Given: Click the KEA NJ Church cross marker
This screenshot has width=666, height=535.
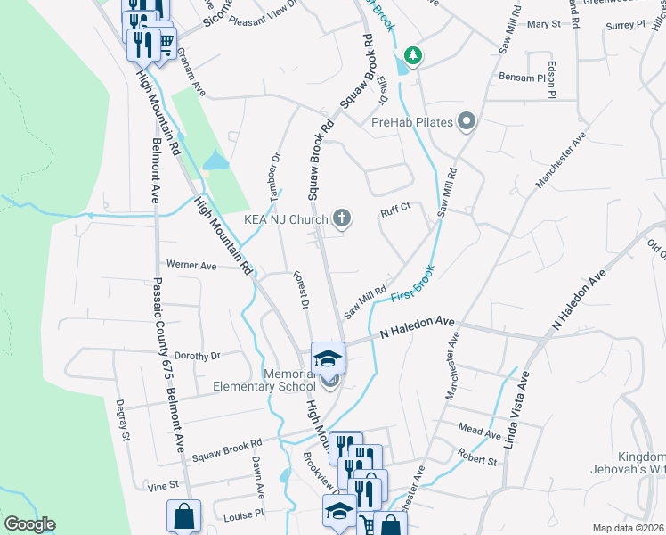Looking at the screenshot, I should pos(341,218).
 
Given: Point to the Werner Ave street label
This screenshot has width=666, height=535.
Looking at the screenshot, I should pos(191,266).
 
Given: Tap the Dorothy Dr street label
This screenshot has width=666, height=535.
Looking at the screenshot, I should pos(197,356).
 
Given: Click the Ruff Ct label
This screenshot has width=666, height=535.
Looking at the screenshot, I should pos(394,211).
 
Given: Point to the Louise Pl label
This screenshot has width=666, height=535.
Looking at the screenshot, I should pos(243,514).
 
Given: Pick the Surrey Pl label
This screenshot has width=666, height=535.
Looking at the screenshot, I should pos(625,26).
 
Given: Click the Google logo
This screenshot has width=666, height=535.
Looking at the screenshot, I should pos(29,524).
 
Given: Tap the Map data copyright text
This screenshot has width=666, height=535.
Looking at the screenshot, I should pos(628,528).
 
